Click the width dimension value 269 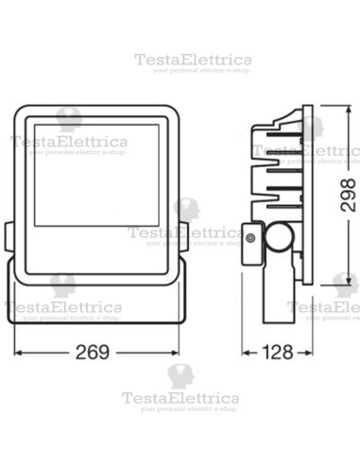[93, 352]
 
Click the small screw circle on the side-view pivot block [249, 239]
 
